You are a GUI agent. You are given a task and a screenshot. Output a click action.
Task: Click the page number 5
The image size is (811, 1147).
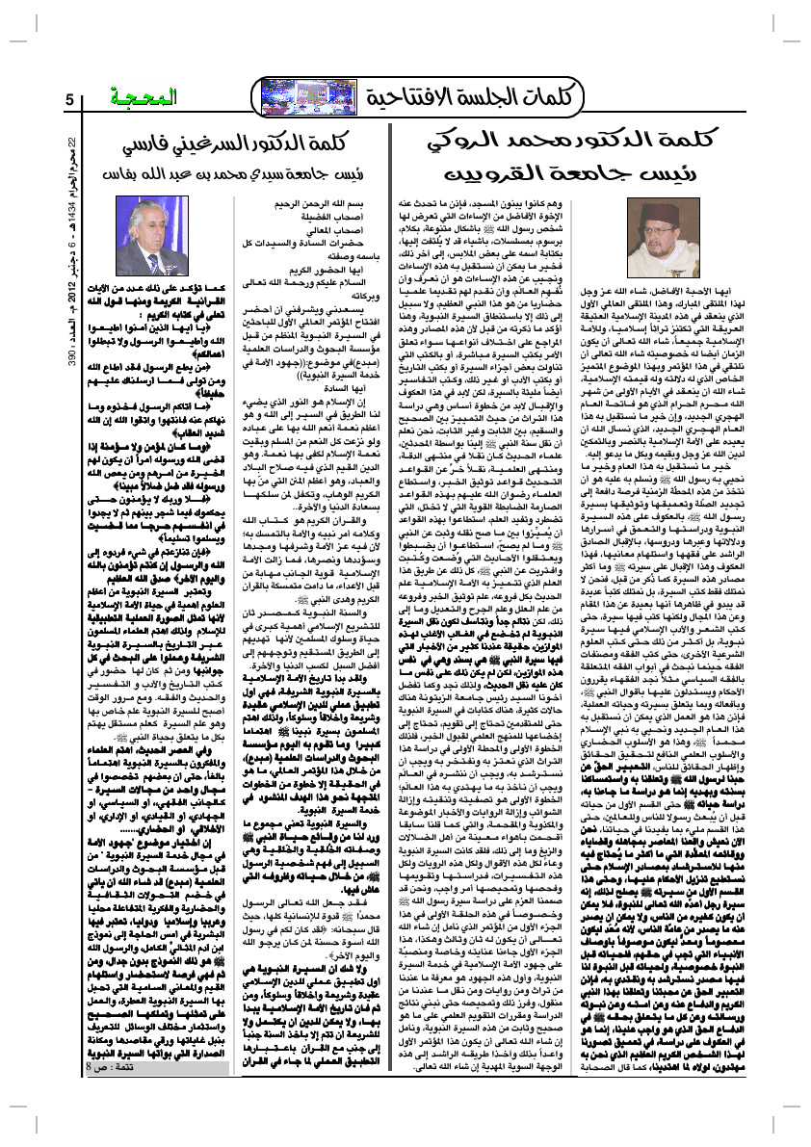pos(69,101)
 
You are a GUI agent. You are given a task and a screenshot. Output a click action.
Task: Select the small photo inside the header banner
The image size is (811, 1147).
pos(301,97)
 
